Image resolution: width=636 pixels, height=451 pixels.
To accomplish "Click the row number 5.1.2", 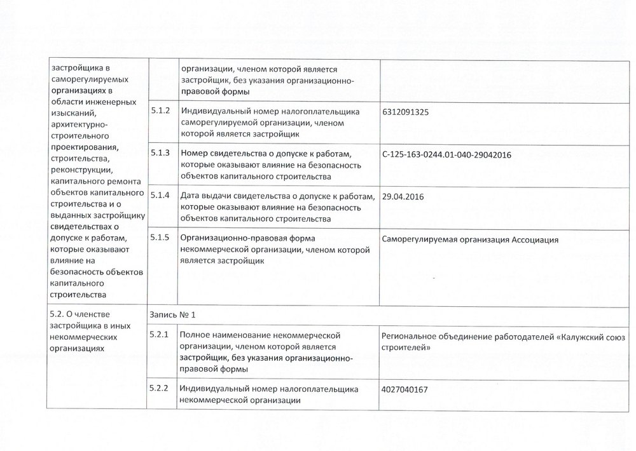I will click(160, 111).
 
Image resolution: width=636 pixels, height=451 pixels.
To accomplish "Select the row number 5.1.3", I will click(160, 153).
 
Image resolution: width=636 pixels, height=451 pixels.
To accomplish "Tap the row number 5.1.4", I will click(160, 196).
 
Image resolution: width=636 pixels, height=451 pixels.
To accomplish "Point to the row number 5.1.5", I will click(160, 238).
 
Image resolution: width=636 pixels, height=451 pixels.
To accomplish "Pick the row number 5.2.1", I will click(160, 334).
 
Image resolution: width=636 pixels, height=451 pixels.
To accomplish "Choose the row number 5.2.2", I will click(160, 388).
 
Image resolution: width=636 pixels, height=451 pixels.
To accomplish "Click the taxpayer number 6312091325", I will click(406, 112).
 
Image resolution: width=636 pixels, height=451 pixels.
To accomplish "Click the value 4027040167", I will click(406, 389).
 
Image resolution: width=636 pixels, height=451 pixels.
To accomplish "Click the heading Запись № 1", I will click(170, 314).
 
